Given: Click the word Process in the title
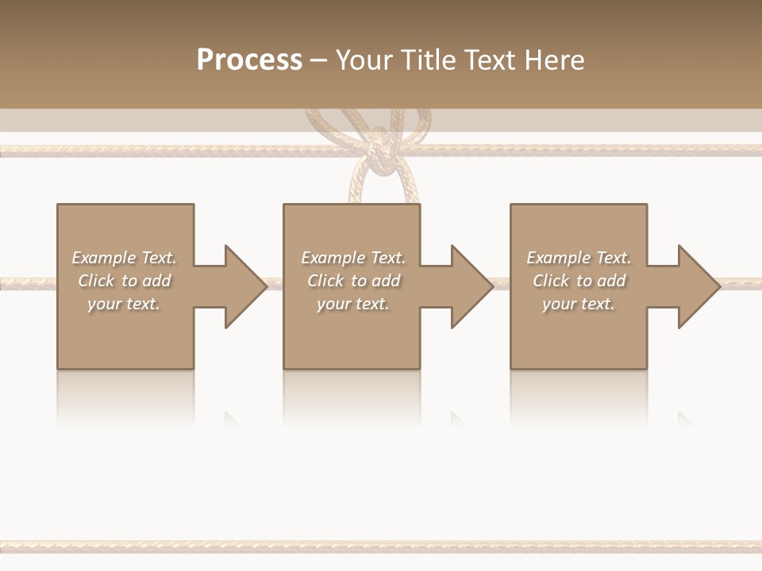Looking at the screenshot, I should [249, 60].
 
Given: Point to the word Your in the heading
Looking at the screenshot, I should [364, 60].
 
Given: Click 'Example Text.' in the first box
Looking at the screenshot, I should [124, 258].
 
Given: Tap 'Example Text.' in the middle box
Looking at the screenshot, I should [353, 258].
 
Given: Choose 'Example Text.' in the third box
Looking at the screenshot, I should [579, 258].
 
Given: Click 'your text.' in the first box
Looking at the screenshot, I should [124, 304].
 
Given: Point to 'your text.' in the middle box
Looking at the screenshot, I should [353, 304].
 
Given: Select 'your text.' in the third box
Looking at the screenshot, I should [579, 304].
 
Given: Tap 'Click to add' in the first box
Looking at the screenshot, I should [124, 281].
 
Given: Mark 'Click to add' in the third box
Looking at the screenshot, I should [579, 281].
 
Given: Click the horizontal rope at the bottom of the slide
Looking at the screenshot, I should [381, 546].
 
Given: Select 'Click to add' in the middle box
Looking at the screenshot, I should [353, 281].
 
